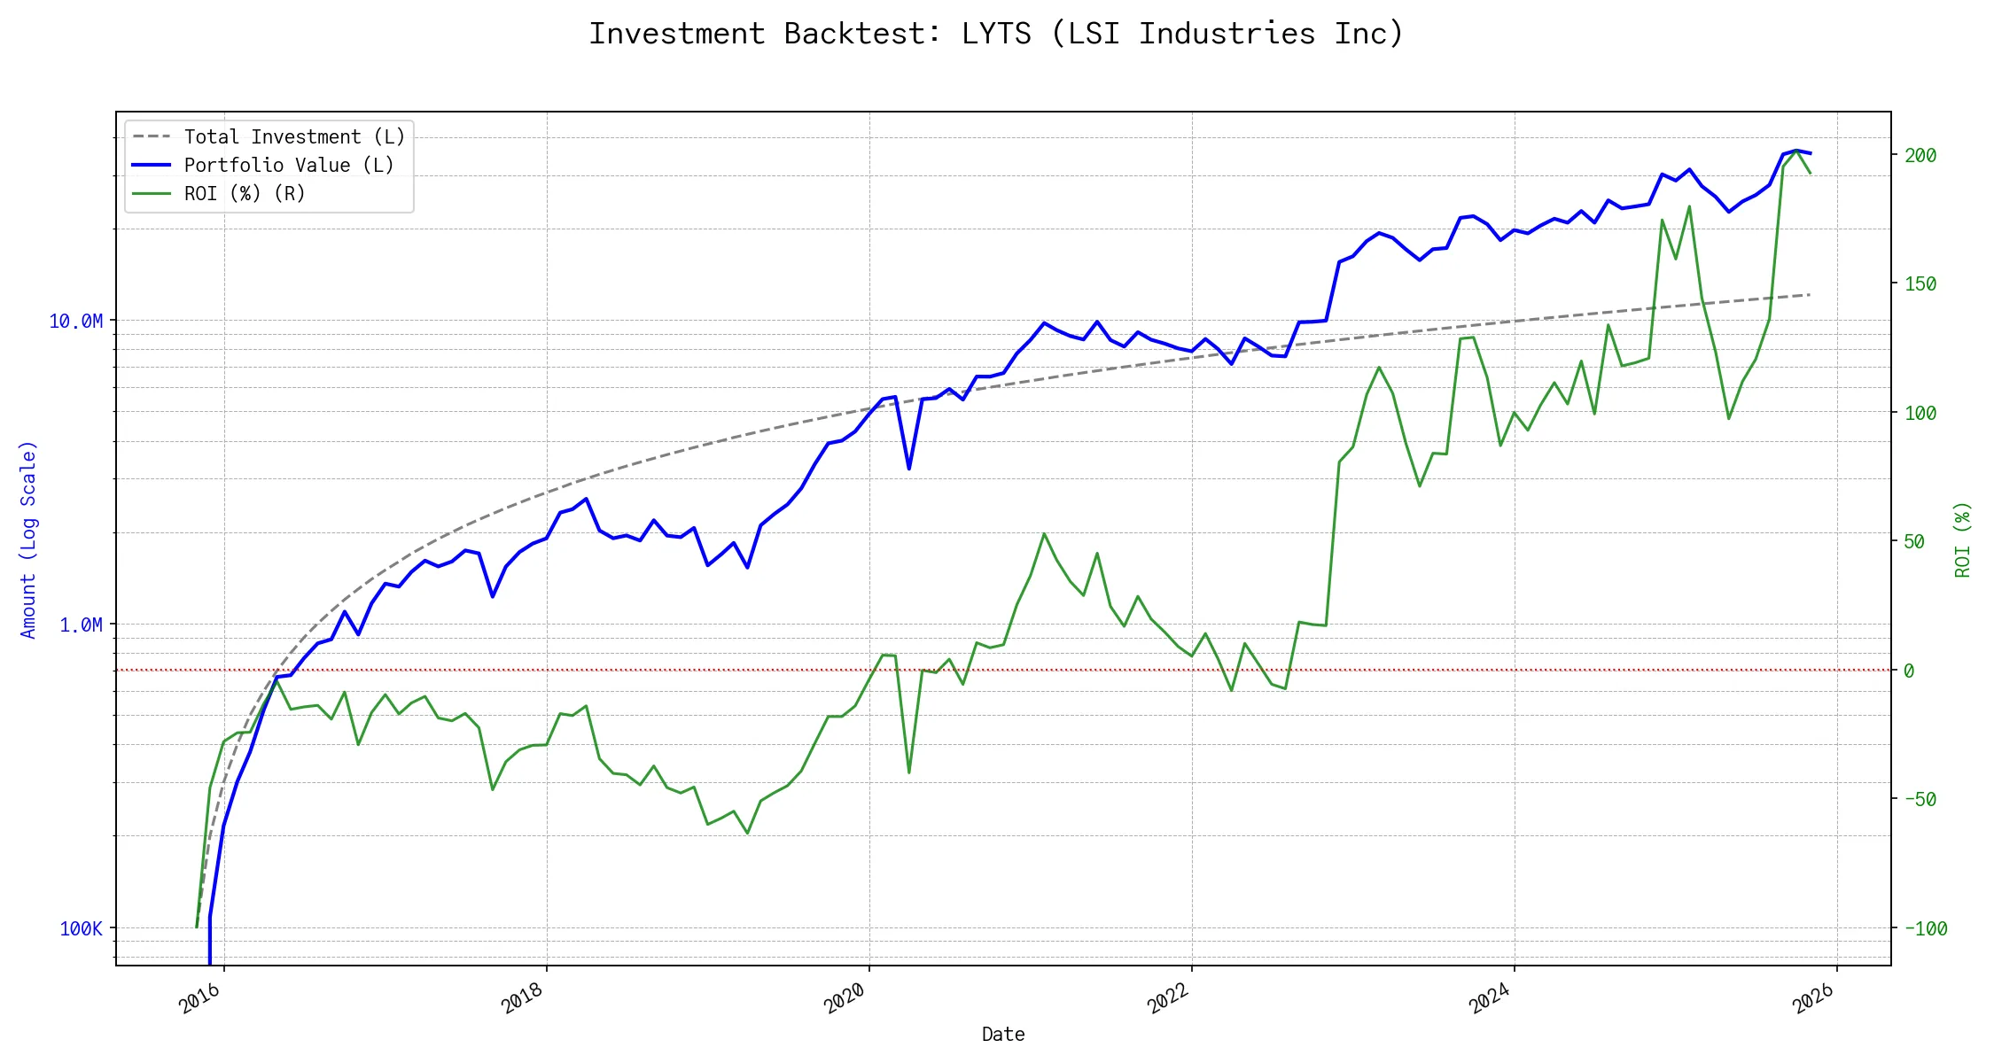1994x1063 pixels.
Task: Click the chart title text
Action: tap(996, 34)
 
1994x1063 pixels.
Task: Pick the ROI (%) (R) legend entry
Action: tap(244, 194)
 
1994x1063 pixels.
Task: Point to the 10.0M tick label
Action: tap(75, 321)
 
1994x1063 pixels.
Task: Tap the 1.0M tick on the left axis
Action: tap(81, 625)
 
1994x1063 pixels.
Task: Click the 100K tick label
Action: tap(81, 929)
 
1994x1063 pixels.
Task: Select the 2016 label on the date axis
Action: tap(200, 998)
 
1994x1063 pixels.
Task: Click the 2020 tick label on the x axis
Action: tap(845, 998)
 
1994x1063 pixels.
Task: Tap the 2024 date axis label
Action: tap(1491, 998)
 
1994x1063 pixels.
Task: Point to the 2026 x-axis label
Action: tap(1813, 998)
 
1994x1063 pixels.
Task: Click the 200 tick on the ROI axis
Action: tap(1920, 156)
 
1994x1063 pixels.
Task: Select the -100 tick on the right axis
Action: tap(1926, 929)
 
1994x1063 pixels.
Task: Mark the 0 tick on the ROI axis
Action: tap(1909, 671)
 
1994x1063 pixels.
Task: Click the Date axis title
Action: tap(1003, 1035)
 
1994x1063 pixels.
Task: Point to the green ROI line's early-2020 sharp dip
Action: tap(909, 772)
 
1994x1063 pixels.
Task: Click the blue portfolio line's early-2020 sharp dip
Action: tap(909, 469)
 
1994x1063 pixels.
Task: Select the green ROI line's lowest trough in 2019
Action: tap(747, 833)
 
